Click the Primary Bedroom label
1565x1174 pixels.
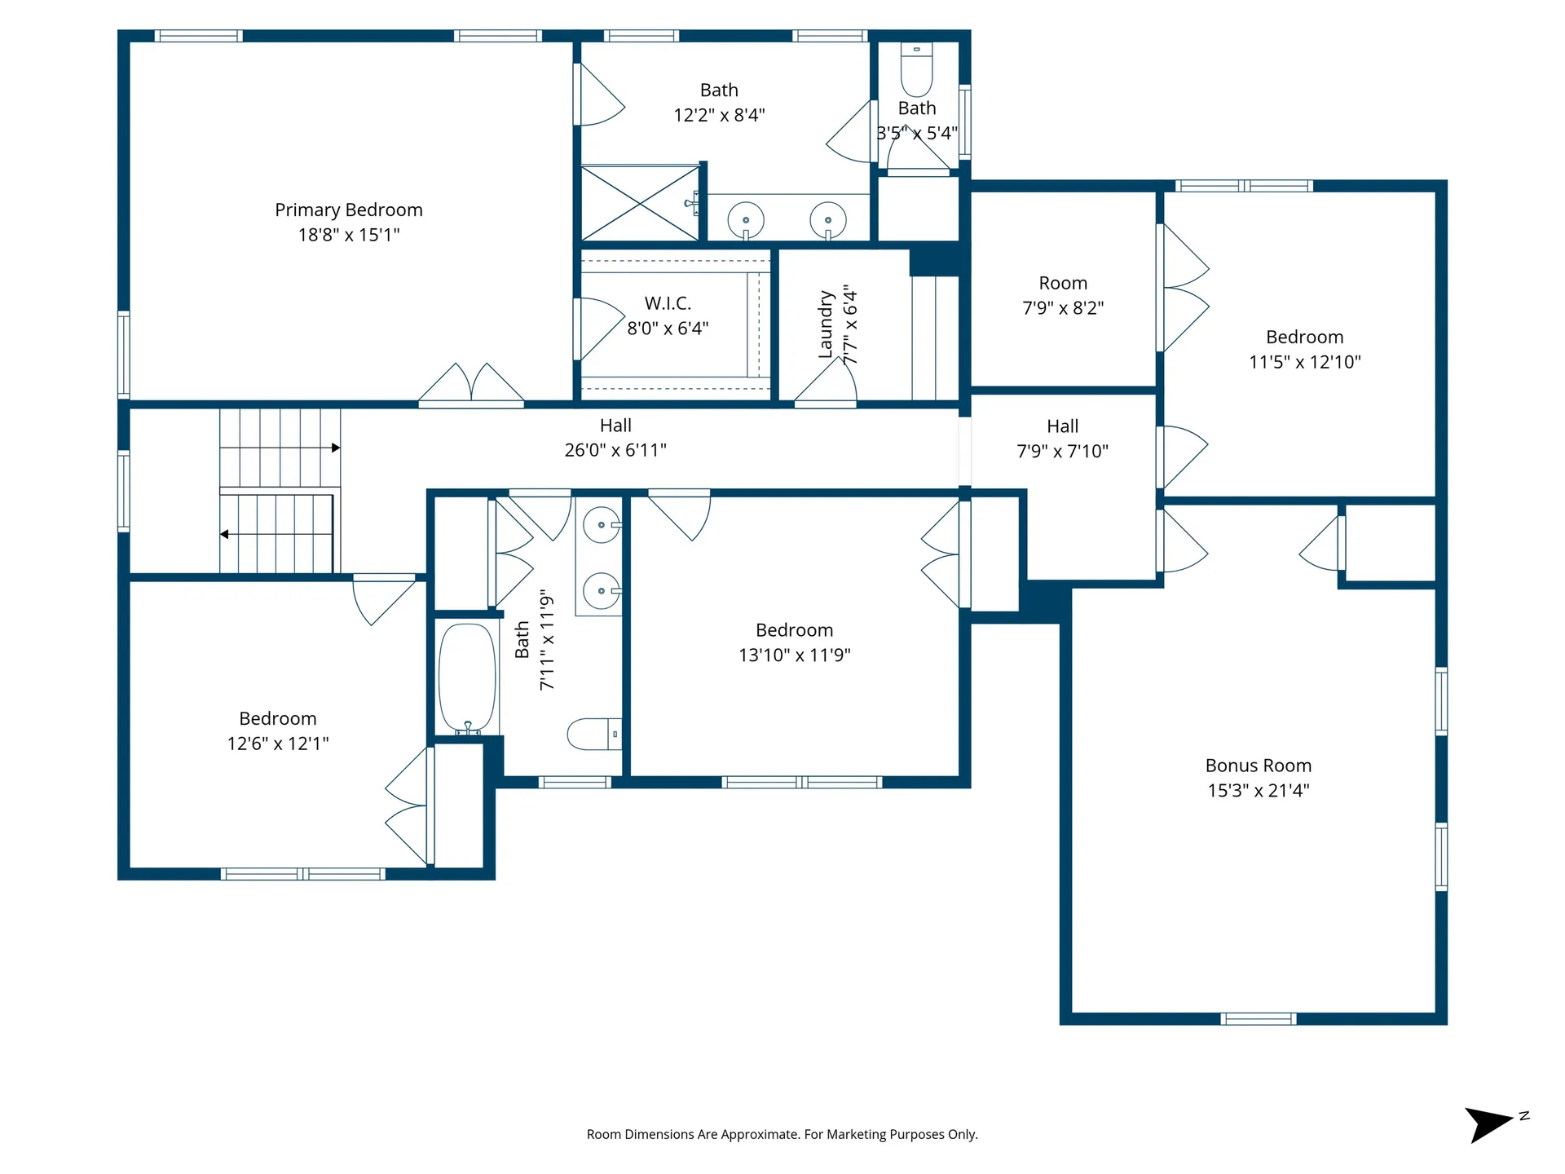point(348,210)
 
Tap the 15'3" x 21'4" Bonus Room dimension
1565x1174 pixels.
point(1258,790)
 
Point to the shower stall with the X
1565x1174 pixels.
point(640,204)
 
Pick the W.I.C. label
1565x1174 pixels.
point(668,303)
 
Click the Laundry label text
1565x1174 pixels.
point(826,324)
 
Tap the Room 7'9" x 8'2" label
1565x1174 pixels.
point(1062,284)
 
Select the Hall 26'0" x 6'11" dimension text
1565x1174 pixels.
point(615,450)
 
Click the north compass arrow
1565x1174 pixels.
point(1489,1123)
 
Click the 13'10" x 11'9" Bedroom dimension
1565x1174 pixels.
point(794,655)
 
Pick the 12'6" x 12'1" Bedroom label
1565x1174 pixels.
point(277,719)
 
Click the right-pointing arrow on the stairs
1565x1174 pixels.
point(335,448)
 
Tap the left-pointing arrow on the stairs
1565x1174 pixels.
point(224,534)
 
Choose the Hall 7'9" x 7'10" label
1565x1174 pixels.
point(1062,426)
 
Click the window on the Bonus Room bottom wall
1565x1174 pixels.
point(1258,1018)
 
